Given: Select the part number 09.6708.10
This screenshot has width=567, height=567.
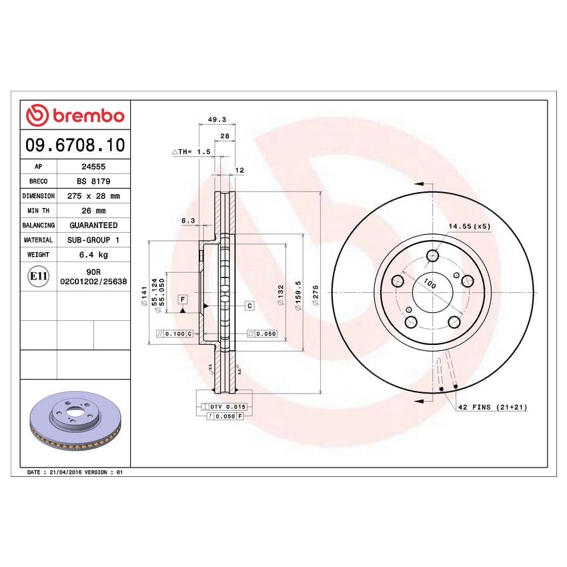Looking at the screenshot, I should [x=74, y=145].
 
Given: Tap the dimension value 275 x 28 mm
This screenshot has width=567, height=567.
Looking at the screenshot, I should [x=93, y=196].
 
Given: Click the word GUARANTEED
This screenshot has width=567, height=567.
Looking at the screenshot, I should [x=93, y=225].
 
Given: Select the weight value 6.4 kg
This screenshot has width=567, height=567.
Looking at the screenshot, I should [x=93, y=255].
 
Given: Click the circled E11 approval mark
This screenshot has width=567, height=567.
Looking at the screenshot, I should [x=38, y=277].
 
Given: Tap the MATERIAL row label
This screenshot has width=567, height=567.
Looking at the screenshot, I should [x=38, y=240].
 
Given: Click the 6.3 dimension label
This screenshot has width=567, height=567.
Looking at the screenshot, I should [x=188, y=220].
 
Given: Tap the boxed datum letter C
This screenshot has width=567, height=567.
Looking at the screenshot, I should [x=249, y=306].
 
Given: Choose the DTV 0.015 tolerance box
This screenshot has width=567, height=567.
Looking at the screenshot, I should [x=227, y=406].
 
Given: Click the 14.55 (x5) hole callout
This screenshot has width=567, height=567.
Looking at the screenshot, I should [x=469, y=227].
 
